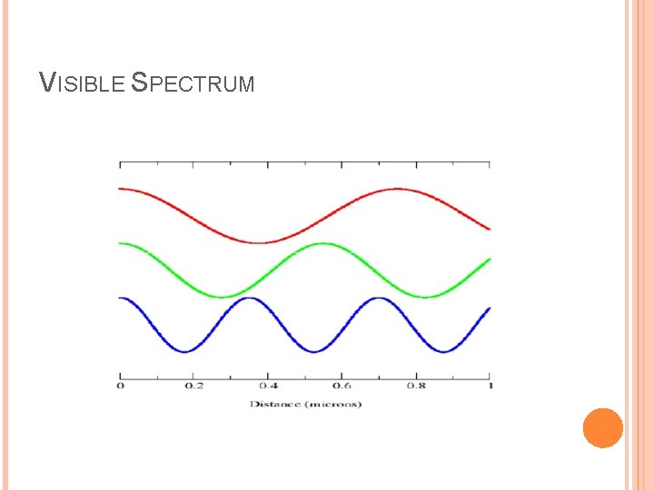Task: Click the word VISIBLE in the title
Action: [x=83, y=83]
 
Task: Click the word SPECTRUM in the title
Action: [x=193, y=83]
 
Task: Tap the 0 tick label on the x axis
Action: [x=120, y=386]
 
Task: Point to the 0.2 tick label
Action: [x=194, y=386]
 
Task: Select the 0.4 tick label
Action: [x=268, y=386]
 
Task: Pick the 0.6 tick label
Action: [x=342, y=386]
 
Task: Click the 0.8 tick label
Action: [x=416, y=386]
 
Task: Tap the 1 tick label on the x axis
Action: [x=489, y=386]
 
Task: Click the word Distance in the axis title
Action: [x=274, y=403]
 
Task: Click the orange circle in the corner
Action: [x=602, y=427]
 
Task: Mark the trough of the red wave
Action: [x=259, y=242]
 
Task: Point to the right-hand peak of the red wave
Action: [x=397, y=189]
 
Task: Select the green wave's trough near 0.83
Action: [x=427, y=297]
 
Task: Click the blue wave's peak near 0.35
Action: [x=250, y=298]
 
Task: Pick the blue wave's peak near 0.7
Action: [x=379, y=298]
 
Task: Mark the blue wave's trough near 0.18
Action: [x=185, y=351]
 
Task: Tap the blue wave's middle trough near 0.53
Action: [x=314, y=351]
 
